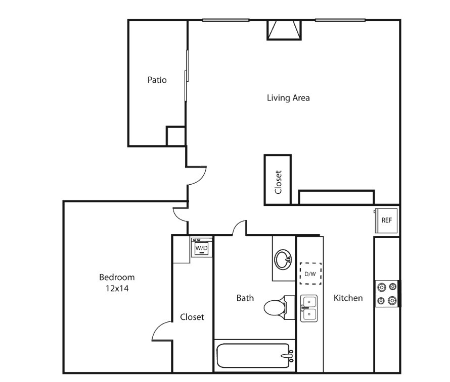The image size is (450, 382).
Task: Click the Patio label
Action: pos(157,80)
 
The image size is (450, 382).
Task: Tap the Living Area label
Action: pos(288,98)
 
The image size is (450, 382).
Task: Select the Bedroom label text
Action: pos(117,277)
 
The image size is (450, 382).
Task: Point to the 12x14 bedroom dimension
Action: pos(117,288)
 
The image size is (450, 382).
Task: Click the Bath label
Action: pos(245,298)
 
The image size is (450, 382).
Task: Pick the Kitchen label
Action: pos(348,298)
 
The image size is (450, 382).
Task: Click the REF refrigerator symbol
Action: pos(386,221)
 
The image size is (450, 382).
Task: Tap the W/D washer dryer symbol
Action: pos(202,247)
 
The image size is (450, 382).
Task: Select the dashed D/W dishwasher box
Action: pos(310,274)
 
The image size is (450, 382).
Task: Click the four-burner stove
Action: pos(387,294)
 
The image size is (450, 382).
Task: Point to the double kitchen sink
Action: pos(309,308)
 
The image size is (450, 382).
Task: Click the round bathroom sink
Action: pos(283,259)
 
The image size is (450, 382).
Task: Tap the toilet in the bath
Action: pos(279,307)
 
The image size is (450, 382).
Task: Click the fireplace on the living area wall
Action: pos(284,30)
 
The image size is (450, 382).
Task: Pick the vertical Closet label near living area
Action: pos(278,182)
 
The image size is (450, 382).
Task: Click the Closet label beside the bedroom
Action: pos(192,317)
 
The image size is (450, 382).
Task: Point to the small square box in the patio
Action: pos(175,136)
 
